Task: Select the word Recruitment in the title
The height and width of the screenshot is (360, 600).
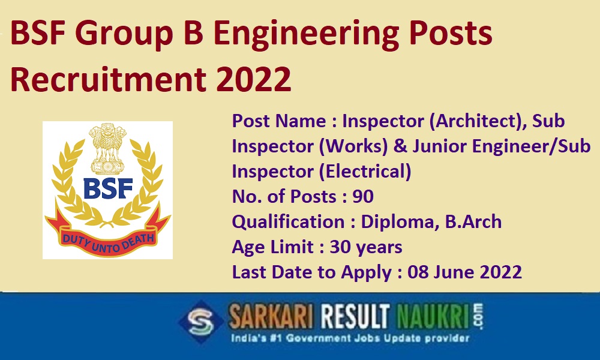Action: pyautogui.click(x=108, y=79)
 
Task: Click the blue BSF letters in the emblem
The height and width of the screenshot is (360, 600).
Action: pyautogui.click(x=108, y=188)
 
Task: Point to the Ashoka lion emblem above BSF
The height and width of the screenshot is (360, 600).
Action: pyautogui.click(x=107, y=148)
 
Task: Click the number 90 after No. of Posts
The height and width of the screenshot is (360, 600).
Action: pyautogui.click(x=363, y=196)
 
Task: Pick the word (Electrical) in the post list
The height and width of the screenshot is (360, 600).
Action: pyautogui.click(x=365, y=172)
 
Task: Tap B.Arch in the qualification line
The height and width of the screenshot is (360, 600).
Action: pyautogui.click(x=473, y=222)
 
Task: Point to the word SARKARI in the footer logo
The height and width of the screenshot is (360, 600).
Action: pyautogui.click(x=271, y=317)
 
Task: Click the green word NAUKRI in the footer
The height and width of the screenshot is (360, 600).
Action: pyautogui.click(x=433, y=317)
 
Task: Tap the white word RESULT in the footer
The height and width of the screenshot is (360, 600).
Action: pyautogui.click(x=355, y=317)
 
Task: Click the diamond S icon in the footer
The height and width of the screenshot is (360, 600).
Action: pyautogui.click(x=201, y=322)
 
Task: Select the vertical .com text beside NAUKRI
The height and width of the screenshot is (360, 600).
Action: pyautogui.click(x=478, y=316)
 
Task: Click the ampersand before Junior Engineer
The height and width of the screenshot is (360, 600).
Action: pyautogui.click(x=400, y=146)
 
